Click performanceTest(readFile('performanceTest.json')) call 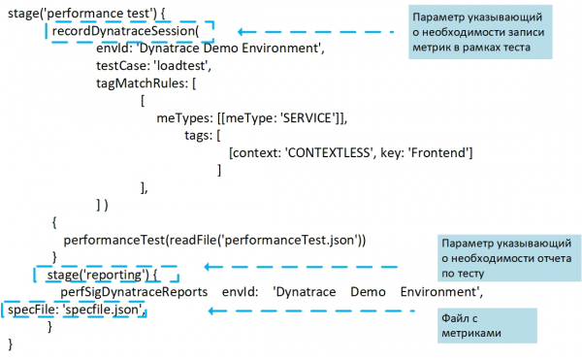[213, 239]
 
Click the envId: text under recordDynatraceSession [117, 49]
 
